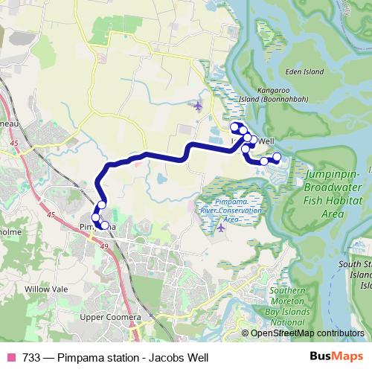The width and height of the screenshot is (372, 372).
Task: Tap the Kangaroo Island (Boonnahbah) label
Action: tap(272, 94)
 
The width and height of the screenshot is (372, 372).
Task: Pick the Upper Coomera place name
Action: tap(110, 318)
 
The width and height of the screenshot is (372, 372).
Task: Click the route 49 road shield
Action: tap(103, 246)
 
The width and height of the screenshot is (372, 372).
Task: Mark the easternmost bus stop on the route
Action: tap(277, 157)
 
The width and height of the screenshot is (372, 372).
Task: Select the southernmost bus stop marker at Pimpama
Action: tap(104, 225)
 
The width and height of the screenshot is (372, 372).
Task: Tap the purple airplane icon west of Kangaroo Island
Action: tap(197, 105)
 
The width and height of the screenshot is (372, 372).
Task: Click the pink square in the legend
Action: tap(12, 357)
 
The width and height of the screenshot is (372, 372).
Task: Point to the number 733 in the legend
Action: tap(31, 357)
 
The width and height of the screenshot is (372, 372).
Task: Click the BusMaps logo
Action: tap(341, 356)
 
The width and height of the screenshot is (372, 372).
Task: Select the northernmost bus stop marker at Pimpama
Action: tap(102, 205)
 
